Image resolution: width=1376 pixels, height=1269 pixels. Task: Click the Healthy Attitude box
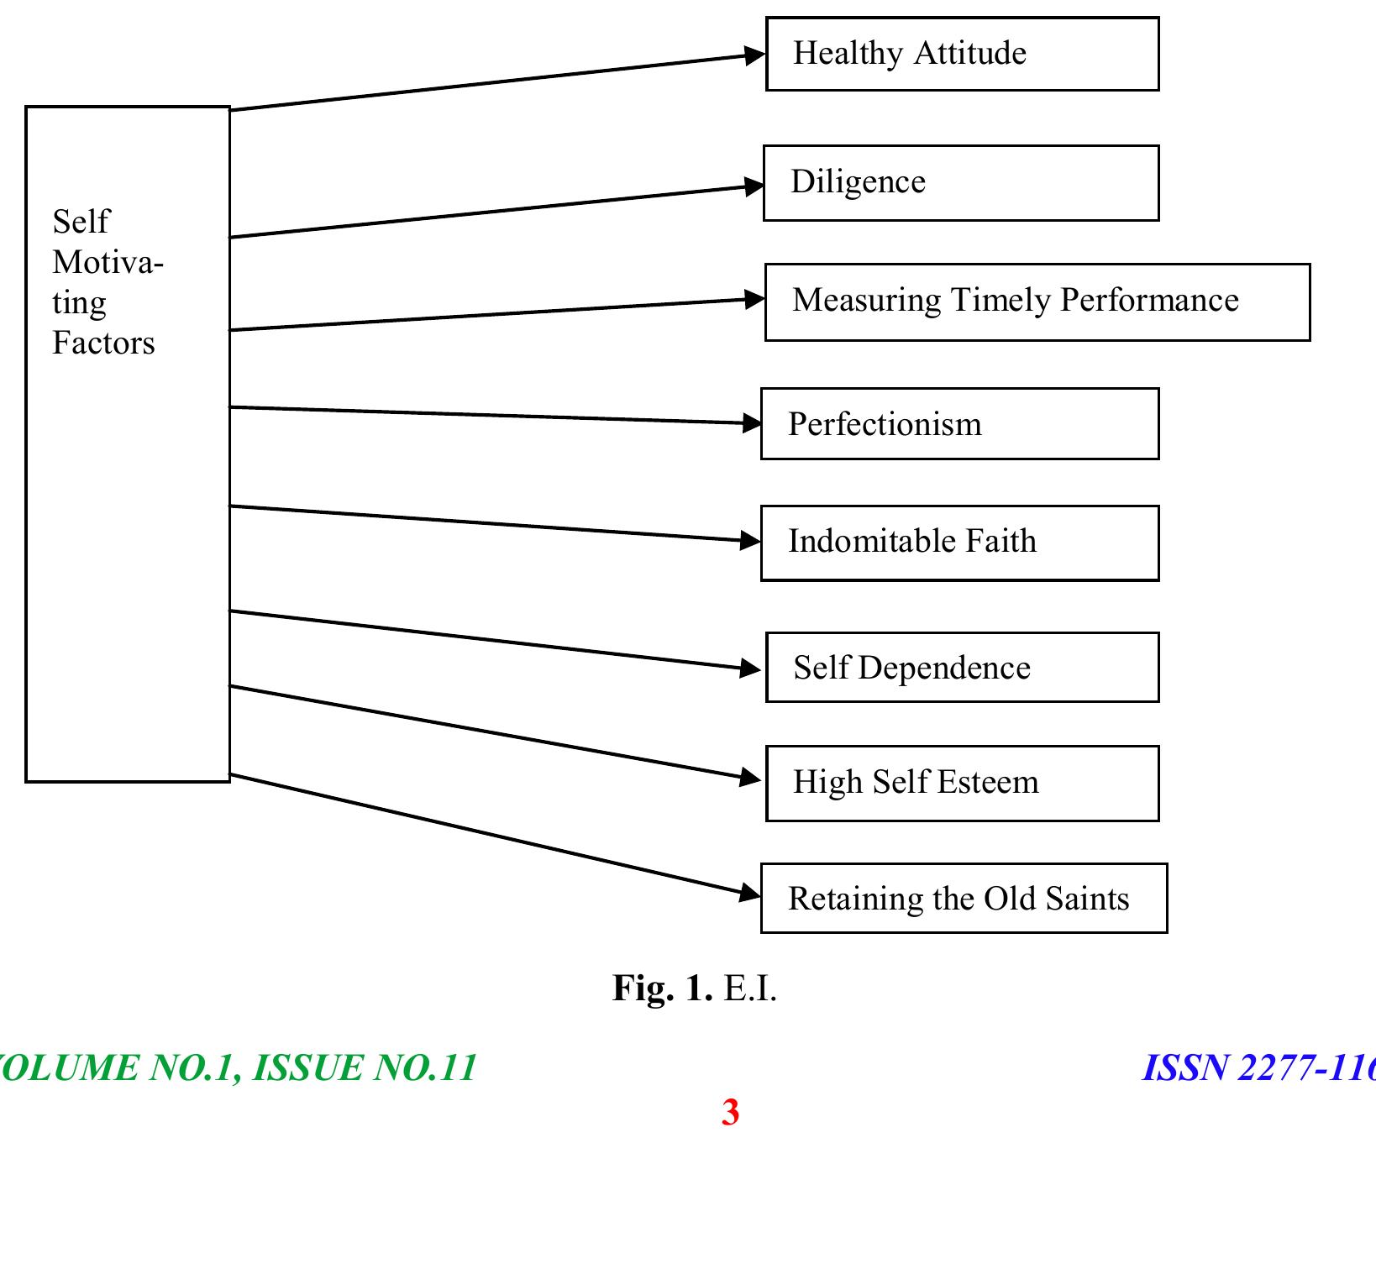pyautogui.click(x=962, y=54)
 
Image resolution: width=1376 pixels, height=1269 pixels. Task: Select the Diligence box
pyautogui.click(x=960, y=183)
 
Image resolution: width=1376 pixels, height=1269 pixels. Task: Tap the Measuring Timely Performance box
pyautogui.click(x=1037, y=302)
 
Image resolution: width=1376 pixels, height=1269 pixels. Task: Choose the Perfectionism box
pyautogui.click(x=959, y=424)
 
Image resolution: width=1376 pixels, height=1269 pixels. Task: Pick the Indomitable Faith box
pyautogui.click(x=959, y=543)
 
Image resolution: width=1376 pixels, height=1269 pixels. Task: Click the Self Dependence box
pyautogui.click(x=962, y=668)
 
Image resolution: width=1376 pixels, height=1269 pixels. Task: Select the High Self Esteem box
pyautogui.click(x=962, y=784)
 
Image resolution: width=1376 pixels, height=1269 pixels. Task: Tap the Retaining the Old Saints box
pyautogui.click(x=964, y=899)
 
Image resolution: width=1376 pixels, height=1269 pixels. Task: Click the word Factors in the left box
pyautogui.click(x=103, y=343)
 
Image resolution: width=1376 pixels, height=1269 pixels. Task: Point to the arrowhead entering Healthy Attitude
pyautogui.click(x=754, y=56)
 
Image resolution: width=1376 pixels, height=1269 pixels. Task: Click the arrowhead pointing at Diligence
pyautogui.click(x=753, y=186)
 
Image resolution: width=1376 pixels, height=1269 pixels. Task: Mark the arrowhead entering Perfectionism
pyautogui.click(x=750, y=422)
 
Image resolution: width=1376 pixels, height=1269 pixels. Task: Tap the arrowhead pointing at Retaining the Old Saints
pyautogui.click(x=749, y=894)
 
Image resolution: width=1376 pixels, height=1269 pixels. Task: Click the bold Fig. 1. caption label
pyautogui.click(x=662, y=988)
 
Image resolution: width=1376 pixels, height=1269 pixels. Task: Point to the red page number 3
pyautogui.click(x=730, y=1112)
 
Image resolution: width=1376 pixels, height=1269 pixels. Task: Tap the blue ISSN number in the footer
pyautogui.click(x=1258, y=1068)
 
